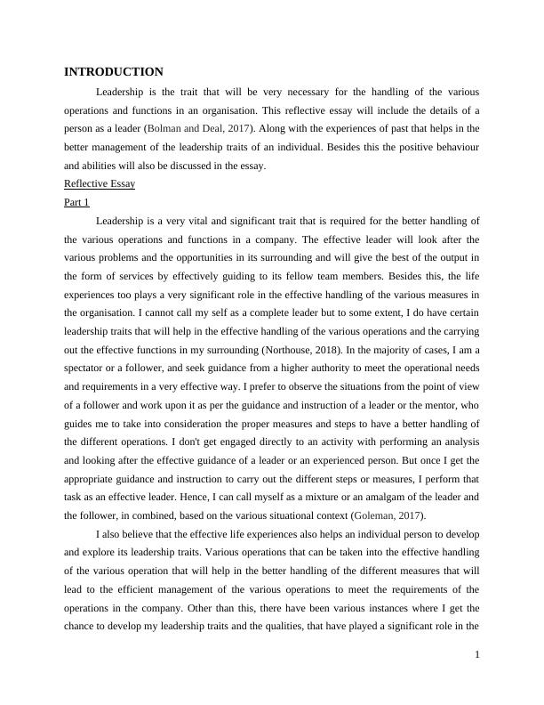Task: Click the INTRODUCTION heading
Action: (x=114, y=72)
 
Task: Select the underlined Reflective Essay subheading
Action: (x=100, y=184)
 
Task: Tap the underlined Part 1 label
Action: (x=77, y=203)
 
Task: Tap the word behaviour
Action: (x=452, y=147)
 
